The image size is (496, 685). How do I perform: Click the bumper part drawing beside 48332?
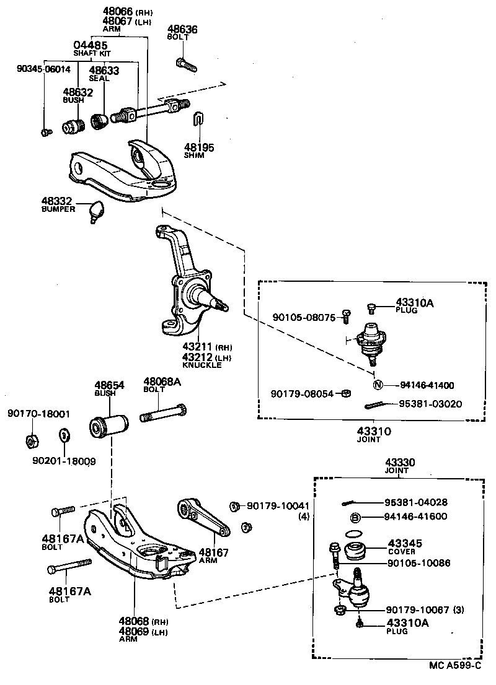pyautogui.click(x=95, y=211)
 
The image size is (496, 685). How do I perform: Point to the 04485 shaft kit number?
pyautogui.click(x=91, y=45)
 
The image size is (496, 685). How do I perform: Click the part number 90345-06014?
pyautogui.click(x=43, y=69)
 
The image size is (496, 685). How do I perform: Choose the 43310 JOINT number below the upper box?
pyautogui.click(x=374, y=430)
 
